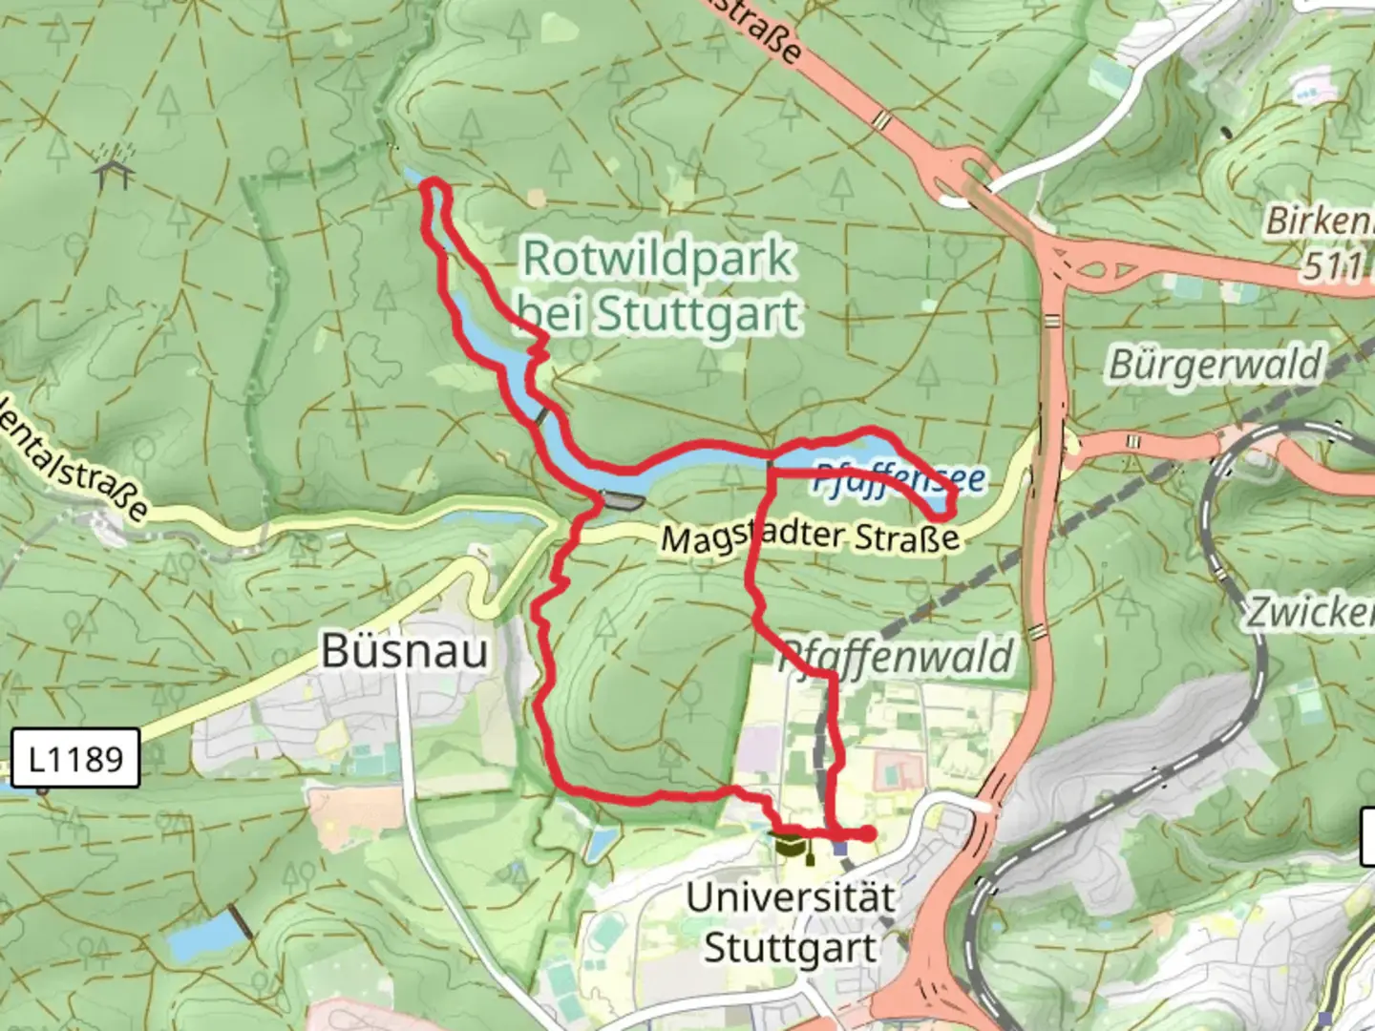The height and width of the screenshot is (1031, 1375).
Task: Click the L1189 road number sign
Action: [75, 759]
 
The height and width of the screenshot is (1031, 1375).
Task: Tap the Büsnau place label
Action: [405, 651]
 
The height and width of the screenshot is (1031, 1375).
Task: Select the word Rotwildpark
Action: [658, 259]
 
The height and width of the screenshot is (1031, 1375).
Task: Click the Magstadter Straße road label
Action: [810, 537]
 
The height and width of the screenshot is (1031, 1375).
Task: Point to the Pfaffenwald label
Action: [895, 658]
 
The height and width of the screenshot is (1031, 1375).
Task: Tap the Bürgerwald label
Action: [1215, 365]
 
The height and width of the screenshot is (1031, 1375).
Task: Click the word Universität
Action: [791, 897]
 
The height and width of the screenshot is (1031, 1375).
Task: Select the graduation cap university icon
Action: [788, 844]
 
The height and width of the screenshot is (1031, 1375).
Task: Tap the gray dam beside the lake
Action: [622, 500]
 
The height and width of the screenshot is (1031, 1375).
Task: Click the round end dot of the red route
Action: [867, 834]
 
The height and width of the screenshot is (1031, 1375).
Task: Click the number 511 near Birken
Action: [1333, 266]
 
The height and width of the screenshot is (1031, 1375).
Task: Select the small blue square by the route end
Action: [839, 848]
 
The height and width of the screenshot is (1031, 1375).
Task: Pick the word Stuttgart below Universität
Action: [791, 949]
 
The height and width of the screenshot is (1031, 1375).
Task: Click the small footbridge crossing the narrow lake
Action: [541, 415]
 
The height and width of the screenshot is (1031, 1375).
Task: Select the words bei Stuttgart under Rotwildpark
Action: [658, 314]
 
